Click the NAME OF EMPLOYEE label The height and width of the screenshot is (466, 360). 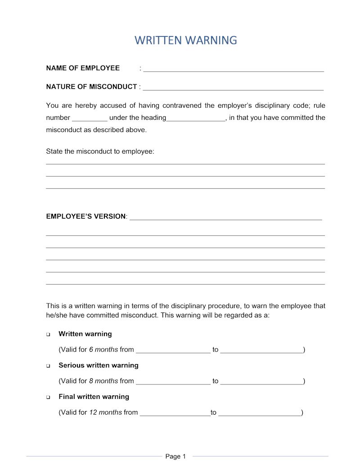(x=83, y=68)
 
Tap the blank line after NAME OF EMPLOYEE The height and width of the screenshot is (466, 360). (x=234, y=70)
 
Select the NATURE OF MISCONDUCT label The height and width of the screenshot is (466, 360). (x=91, y=86)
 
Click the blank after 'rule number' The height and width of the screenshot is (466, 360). (x=90, y=119)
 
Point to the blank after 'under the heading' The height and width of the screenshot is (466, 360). (x=196, y=119)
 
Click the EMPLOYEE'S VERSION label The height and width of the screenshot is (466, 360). (x=86, y=216)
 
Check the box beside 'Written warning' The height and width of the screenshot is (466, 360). (x=48, y=335)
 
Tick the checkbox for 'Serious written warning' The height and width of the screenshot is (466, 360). (x=48, y=366)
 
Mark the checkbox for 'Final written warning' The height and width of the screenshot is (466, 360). (x=48, y=397)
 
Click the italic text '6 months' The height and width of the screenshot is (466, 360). (x=103, y=349)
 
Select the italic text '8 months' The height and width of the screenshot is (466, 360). (x=103, y=381)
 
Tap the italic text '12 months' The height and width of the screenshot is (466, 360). (x=105, y=412)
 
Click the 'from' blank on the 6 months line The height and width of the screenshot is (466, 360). (x=173, y=351)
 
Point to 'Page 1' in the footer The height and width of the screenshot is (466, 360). (x=175, y=457)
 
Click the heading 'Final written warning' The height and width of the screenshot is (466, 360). (x=94, y=397)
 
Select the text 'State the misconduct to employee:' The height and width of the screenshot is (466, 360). (x=100, y=151)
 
